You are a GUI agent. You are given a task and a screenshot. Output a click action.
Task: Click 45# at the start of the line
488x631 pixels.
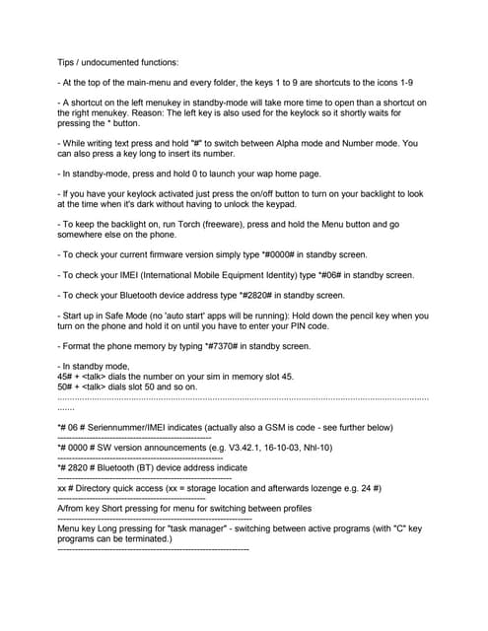click(x=67, y=377)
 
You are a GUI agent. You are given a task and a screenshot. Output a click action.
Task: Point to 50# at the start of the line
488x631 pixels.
click(x=67, y=386)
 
